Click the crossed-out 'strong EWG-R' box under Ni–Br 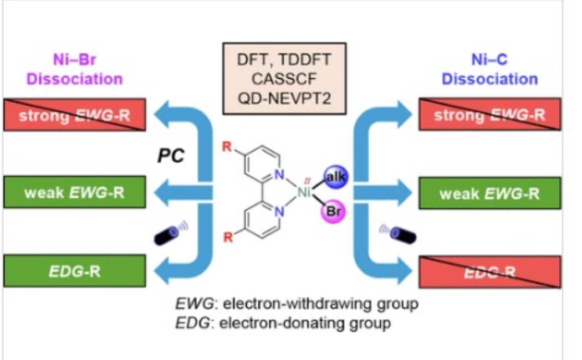click(x=74, y=115)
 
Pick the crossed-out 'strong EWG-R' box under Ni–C click(x=489, y=115)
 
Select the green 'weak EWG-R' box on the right click(x=489, y=194)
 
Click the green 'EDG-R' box click(x=74, y=271)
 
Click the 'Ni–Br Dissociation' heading click(x=75, y=69)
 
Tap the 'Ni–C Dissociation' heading click(x=489, y=69)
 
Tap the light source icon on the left click(x=170, y=232)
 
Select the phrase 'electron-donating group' click(x=305, y=322)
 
